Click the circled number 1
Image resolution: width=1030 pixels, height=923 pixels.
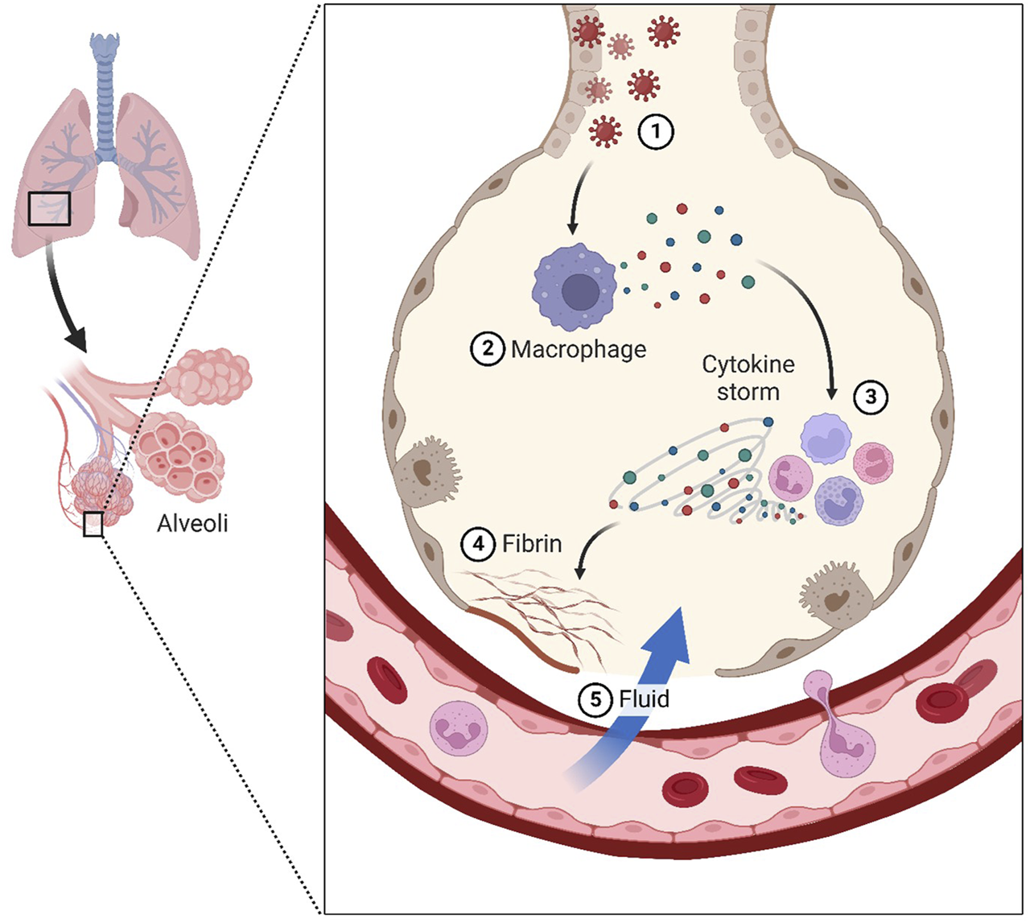click(655, 132)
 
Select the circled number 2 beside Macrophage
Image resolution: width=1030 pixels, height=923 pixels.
click(488, 349)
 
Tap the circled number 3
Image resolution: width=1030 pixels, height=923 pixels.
click(871, 396)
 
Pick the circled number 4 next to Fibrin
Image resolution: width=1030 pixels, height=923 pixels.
click(478, 544)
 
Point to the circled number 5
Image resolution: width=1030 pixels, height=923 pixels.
click(595, 698)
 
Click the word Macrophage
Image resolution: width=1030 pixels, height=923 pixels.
click(579, 350)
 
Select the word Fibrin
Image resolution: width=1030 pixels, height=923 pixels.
click(532, 544)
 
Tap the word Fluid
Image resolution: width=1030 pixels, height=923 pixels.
click(644, 698)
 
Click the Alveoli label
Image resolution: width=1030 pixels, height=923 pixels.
click(192, 524)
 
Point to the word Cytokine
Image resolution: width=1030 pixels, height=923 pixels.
click(748, 365)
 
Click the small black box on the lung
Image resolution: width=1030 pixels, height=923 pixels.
click(50, 208)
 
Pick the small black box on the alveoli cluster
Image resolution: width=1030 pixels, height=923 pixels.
click(93, 525)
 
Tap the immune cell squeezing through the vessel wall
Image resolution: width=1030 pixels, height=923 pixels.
click(841, 724)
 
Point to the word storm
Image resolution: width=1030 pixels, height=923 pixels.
click(748, 393)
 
